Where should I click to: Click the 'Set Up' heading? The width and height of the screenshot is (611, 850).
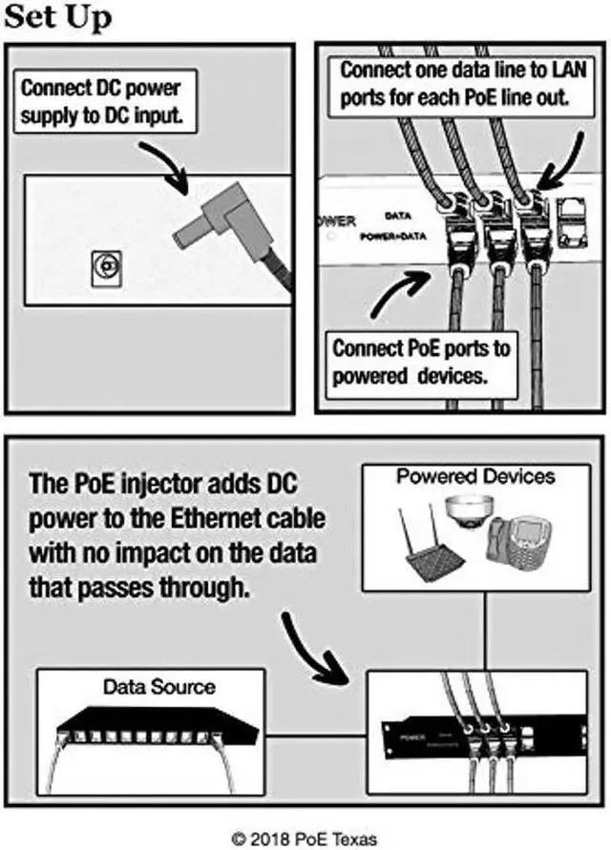point(57,17)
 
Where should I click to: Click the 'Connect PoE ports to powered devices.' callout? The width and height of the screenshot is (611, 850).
point(420,362)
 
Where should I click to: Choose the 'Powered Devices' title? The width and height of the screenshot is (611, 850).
point(475,475)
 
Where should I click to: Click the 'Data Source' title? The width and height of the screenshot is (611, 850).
point(158,686)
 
